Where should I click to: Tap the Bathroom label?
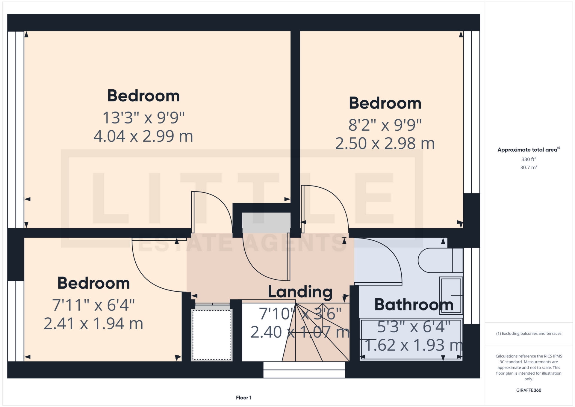point(414,305)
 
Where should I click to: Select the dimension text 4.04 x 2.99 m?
point(143,136)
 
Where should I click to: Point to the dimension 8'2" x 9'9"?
point(385,125)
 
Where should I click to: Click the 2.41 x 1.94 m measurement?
point(93,324)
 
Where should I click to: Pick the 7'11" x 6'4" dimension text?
point(93,305)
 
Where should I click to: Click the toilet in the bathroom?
point(440,260)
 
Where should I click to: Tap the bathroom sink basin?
point(451,296)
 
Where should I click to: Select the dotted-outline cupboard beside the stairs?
point(212,334)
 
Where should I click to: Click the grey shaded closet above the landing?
point(266,223)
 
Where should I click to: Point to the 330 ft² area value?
point(529,159)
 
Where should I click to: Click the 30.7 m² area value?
point(529,167)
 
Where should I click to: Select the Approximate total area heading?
point(529,150)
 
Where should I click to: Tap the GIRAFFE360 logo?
point(529,390)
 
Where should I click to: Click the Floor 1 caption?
point(243,398)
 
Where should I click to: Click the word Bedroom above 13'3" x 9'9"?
point(143,96)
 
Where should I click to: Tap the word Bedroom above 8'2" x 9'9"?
point(385,103)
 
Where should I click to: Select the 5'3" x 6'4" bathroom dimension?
point(414,327)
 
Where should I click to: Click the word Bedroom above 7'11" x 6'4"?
point(93,283)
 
